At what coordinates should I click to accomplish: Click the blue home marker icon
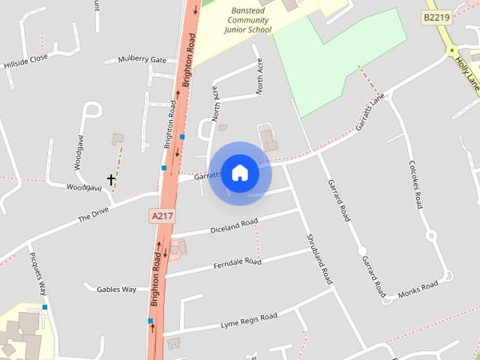pyautogui.click(x=240, y=172)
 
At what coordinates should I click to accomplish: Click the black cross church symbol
pyautogui.click(x=112, y=180)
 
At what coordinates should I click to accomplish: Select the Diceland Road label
pyautogui.click(x=234, y=224)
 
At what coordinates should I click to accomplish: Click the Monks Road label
pyautogui.click(x=418, y=290)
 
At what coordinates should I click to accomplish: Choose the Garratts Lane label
pyautogui.click(x=370, y=113)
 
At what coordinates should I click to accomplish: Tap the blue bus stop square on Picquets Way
pyautogui.click(x=45, y=307)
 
